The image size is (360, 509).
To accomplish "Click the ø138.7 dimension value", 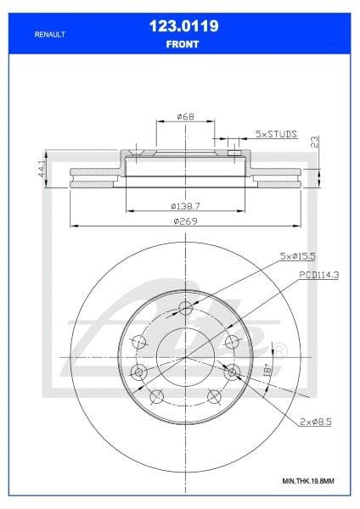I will pos(184,206).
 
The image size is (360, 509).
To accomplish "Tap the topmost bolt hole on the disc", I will pos(184,310).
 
